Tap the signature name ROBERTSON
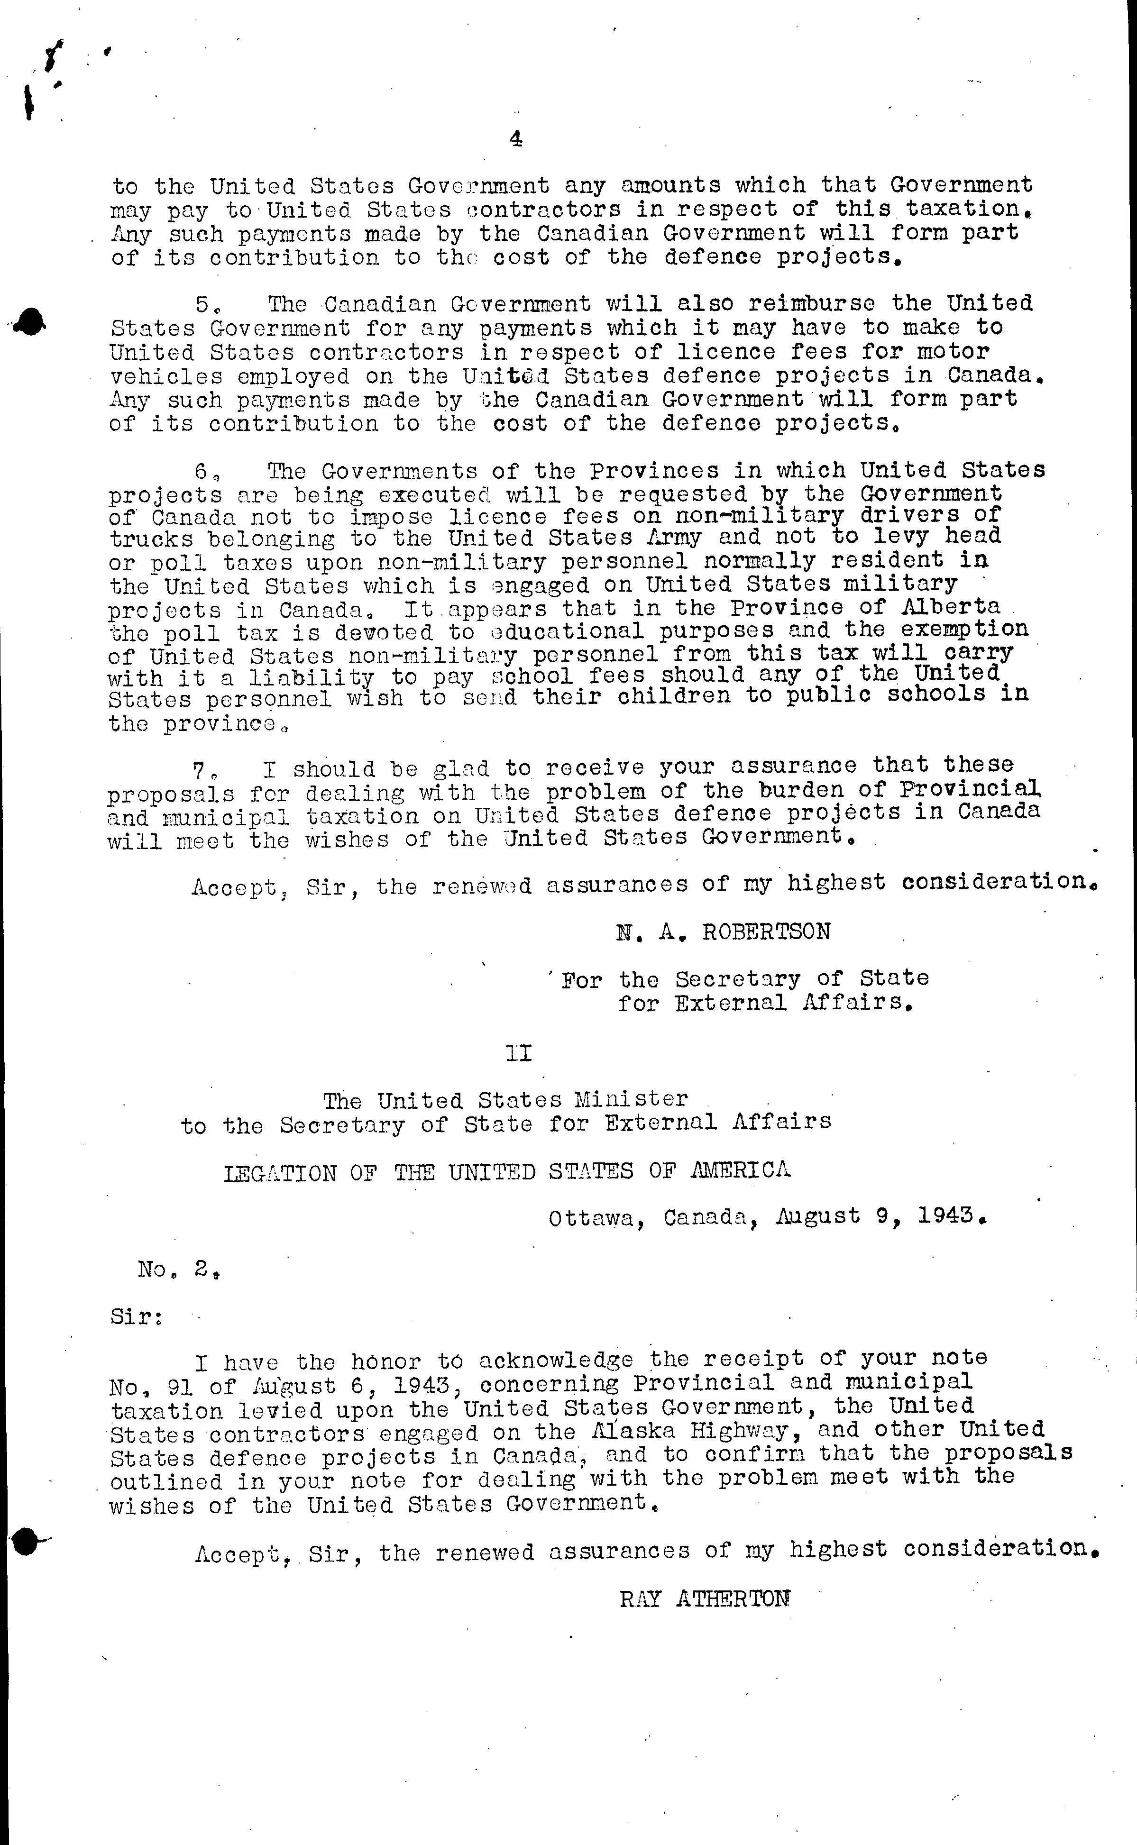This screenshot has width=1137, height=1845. [766, 932]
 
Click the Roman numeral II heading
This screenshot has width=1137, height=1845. [519, 1054]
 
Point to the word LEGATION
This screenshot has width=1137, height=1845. [280, 1173]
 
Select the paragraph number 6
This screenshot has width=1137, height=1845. [202, 471]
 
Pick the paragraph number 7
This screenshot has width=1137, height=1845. [200, 769]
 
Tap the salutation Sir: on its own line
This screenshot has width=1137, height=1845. [136, 1317]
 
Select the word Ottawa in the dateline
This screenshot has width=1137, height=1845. [596, 1217]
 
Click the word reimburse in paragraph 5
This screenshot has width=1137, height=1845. [811, 304]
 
